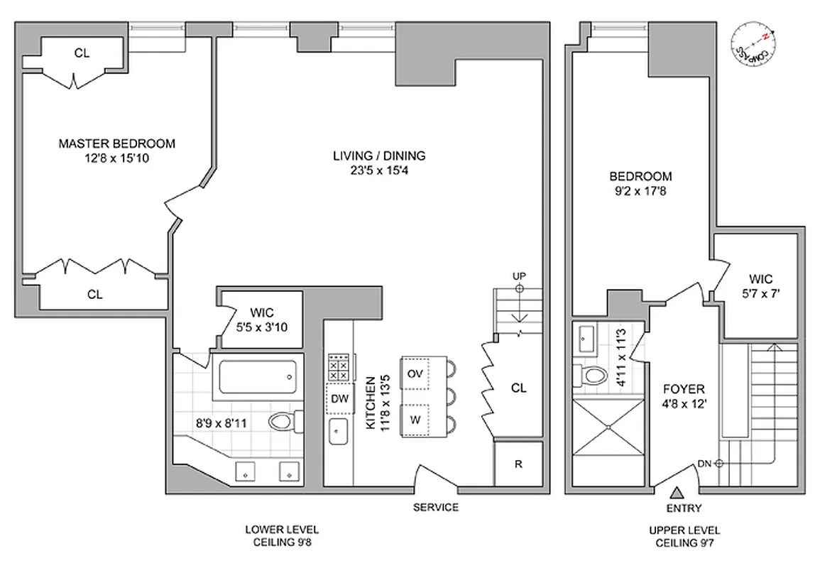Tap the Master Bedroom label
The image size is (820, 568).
coord(116,143)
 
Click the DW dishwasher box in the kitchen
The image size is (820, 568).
coord(339,398)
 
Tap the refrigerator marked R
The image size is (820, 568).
coord(518,464)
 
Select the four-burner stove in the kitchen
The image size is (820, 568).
coord(338,368)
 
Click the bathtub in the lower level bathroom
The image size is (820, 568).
coord(256,376)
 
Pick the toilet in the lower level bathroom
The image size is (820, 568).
coord(283,422)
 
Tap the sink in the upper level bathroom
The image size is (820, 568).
coord(588,339)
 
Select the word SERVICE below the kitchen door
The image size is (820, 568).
coord(437,507)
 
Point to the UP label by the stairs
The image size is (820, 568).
coord(518,276)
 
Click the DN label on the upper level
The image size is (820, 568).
coord(704,464)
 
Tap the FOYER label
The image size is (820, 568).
coord(684,389)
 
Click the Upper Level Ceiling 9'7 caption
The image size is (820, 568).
coord(684,536)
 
